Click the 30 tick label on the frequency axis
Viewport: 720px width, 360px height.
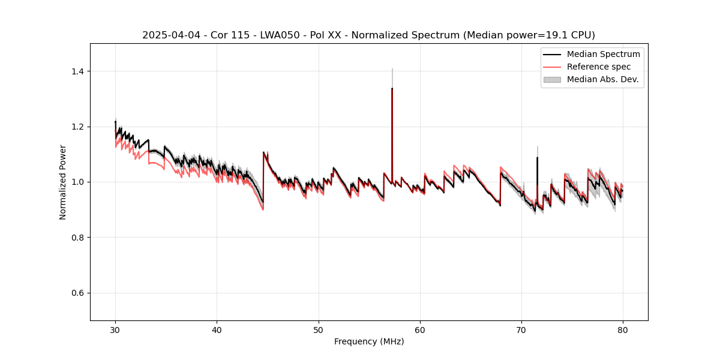tap(115, 329)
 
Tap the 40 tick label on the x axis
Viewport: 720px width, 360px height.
tap(217, 329)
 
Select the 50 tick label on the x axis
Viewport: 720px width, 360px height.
tap(319, 329)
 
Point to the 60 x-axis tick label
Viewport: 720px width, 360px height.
tap(420, 329)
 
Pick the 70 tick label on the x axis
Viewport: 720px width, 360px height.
tap(521, 329)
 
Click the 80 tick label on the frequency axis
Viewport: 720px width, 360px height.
tap(623, 329)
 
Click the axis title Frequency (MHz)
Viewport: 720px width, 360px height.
tap(369, 341)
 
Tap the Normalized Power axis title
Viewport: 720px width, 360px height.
tap(63, 182)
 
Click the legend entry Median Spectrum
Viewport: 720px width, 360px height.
tap(603, 55)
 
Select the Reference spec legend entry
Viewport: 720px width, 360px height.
tap(598, 67)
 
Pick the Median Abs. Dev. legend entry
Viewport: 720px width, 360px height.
tap(602, 79)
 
